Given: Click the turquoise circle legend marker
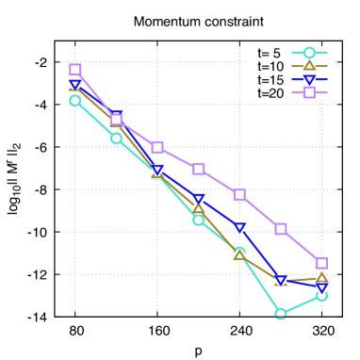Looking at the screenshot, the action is pos(309,53).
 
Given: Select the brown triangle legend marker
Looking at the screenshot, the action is pos(309,66).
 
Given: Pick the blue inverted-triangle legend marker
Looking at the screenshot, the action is pos(309,80).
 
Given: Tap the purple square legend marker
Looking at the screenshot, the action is pos(309,92).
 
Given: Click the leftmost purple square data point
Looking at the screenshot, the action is pos(75,70).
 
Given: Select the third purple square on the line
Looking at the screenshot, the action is pos(157,147).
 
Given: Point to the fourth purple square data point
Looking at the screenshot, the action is pos(199,169).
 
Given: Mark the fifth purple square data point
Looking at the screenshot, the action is pos(239,194).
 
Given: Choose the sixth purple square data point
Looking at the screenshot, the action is pos(281,229).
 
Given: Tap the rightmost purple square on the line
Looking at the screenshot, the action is pos(321,263).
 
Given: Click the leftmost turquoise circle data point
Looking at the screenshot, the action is pos(75,100).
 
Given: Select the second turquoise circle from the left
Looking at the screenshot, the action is pos(116,138).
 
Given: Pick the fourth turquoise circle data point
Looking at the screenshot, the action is pos(199,220).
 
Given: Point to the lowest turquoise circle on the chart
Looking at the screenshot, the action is pos(281,313).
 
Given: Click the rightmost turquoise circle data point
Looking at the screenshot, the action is pos(321,295).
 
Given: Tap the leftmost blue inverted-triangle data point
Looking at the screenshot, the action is pos(75,85).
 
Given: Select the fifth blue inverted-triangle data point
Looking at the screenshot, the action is pos(239,227).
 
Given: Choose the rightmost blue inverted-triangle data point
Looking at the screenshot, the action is pos(321,287).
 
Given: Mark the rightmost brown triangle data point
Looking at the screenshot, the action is pos(321,277).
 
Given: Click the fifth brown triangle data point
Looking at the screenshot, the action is pos(239,254).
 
